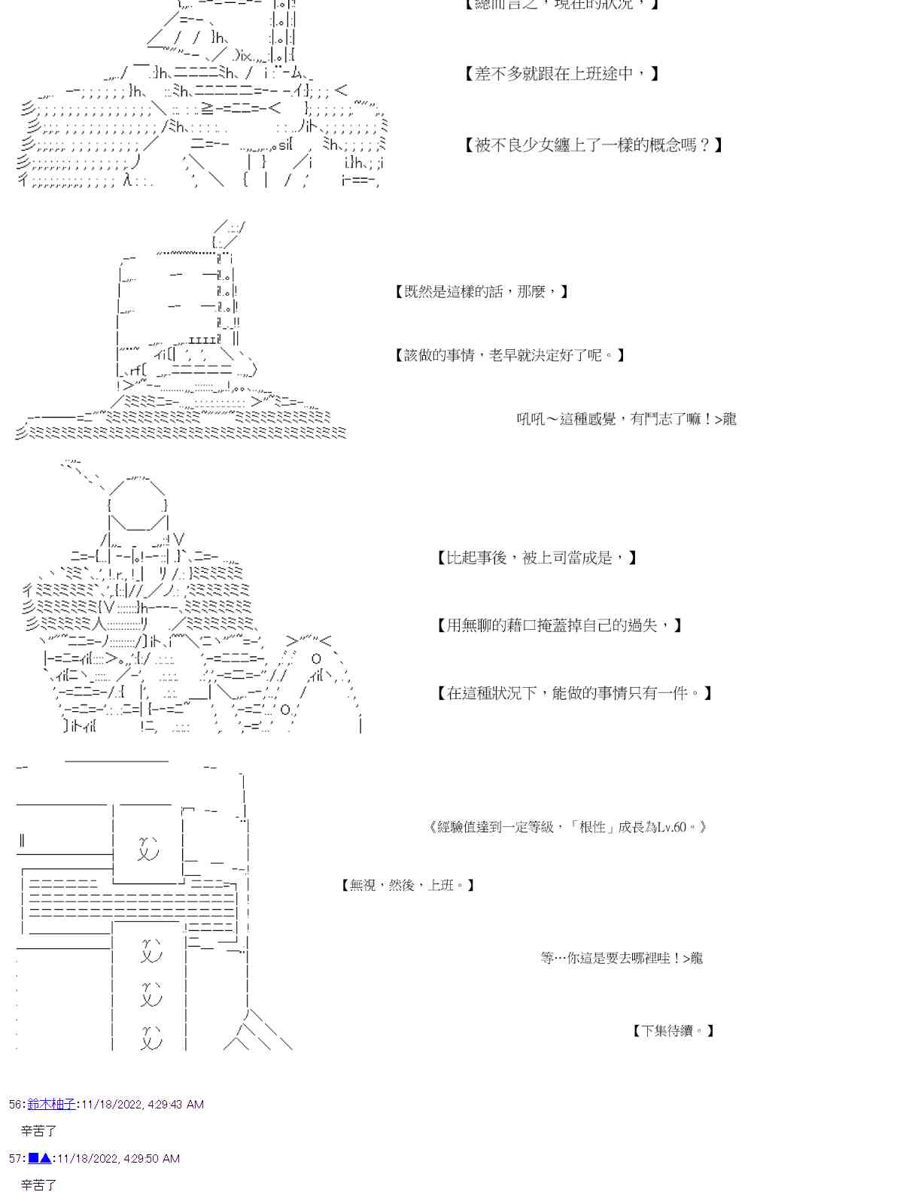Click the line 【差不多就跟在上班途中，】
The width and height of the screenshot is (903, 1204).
click(x=561, y=74)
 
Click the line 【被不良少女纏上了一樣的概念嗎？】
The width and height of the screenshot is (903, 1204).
click(x=593, y=145)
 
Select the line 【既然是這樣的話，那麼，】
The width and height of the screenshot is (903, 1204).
click(x=482, y=292)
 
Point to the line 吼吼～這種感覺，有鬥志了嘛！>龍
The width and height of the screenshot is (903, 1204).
click(x=626, y=419)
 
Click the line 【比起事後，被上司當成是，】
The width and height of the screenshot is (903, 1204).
click(x=537, y=558)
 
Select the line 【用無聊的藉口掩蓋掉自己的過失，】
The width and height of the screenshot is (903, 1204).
click(x=559, y=625)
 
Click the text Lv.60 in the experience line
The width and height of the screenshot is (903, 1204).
click(x=671, y=828)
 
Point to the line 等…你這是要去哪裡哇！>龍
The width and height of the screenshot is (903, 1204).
click(x=622, y=958)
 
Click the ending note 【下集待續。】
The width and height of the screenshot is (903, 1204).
click(x=673, y=1031)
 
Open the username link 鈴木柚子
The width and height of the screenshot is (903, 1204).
click(x=51, y=1104)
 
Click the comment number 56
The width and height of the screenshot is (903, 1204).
click(x=16, y=1105)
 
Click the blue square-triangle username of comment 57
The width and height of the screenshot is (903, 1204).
click(x=40, y=1159)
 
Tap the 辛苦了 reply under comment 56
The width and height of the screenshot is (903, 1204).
click(x=39, y=1131)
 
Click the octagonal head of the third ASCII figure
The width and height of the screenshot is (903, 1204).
click(x=137, y=497)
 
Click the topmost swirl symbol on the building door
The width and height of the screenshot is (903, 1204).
click(x=149, y=848)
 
